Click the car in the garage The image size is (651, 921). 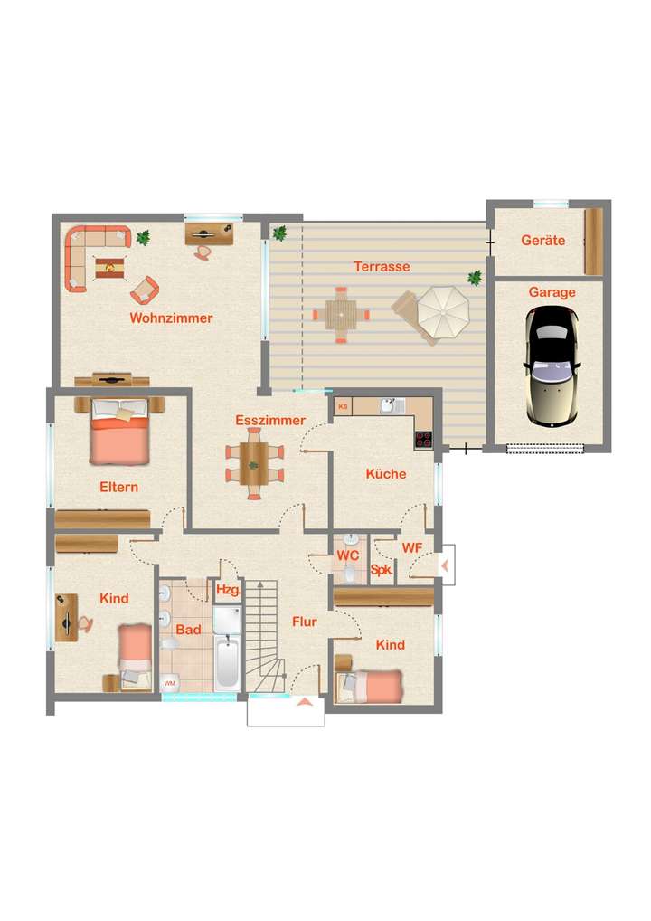[x=552, y=366]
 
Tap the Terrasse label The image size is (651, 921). [x=382, y=267]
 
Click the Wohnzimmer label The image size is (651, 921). [x=171, y=318]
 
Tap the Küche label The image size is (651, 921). [x=386, y=474]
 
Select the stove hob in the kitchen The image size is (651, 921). [x=423, y=440]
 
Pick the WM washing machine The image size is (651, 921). [x=169, y=683]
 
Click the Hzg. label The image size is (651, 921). [x=227, y=590]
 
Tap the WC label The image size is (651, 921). [x=348, y=554]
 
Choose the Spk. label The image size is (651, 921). [x=382, y=571]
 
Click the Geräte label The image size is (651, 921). [x=542, y=241]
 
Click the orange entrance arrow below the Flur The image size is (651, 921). [x=305, y=699]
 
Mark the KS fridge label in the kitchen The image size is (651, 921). [x=343, y=407]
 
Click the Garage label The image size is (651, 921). [x=552, y=292]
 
